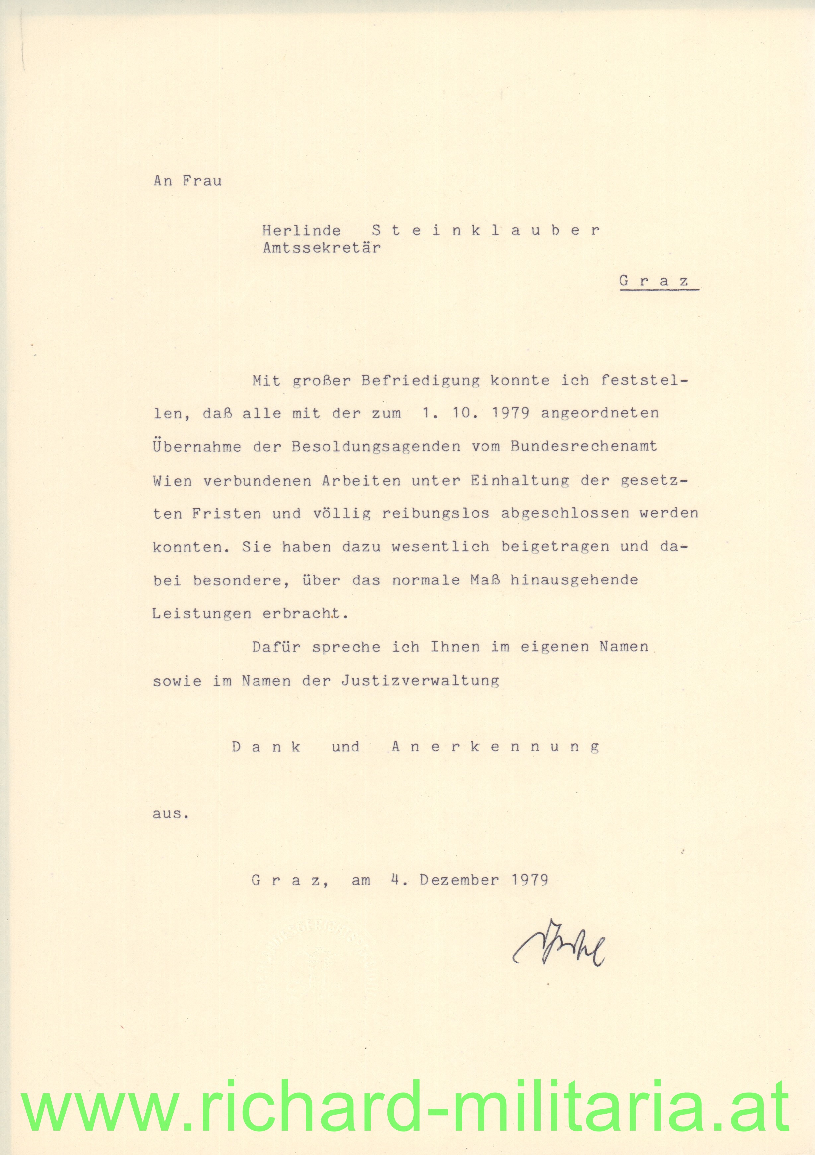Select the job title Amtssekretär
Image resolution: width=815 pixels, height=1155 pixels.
[322, 248]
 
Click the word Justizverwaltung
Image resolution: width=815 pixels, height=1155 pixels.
[420, 681]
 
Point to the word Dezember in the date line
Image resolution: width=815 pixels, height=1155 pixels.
[459, 880]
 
